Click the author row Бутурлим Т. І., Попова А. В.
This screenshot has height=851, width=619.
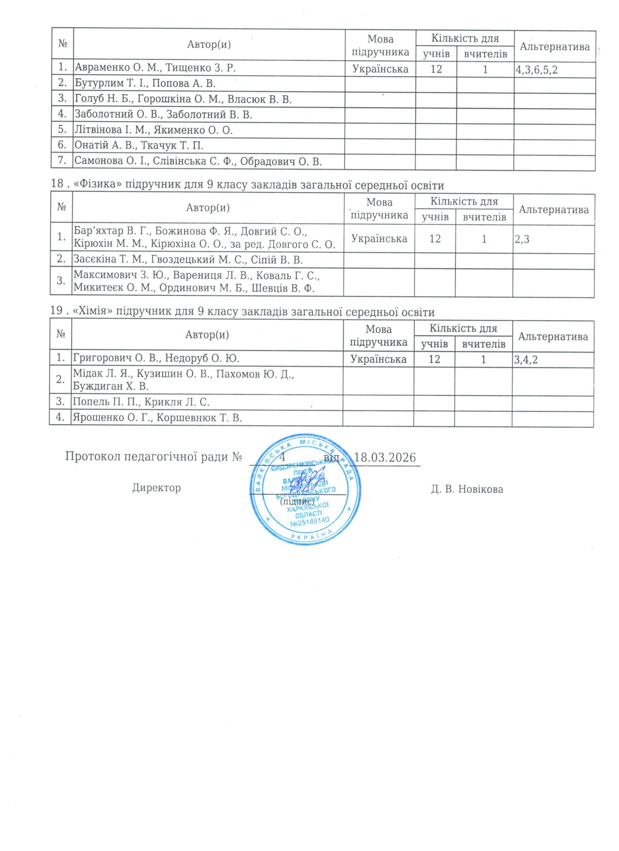[x=145, y=84]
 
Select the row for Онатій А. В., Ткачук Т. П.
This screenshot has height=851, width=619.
[x=139, y=145]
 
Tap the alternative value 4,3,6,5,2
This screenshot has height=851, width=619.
[x=536, y=69]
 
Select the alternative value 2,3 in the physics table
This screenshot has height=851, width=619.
[x=522, y=239]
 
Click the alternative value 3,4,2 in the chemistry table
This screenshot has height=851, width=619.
[x=526, y=359]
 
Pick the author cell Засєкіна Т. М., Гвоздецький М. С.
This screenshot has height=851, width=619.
[x=188, y=260]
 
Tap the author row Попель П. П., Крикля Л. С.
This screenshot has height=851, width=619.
[x=141, y=402]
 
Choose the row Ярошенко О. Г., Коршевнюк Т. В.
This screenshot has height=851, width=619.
[x=157, y=418]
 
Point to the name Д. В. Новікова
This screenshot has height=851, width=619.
[x=467, y=489]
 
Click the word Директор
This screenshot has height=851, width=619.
[x=156, y=488]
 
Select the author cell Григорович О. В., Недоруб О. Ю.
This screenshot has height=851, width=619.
[x=156, y=358]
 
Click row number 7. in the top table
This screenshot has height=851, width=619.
[x=62, y=160]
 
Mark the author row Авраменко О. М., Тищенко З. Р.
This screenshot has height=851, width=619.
[x=155, y=68]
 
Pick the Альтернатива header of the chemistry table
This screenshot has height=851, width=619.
[x=552, y=337]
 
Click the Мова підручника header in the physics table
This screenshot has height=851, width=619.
[x=379, y=209]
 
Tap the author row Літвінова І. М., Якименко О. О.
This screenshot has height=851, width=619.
[x=153, y=130]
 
